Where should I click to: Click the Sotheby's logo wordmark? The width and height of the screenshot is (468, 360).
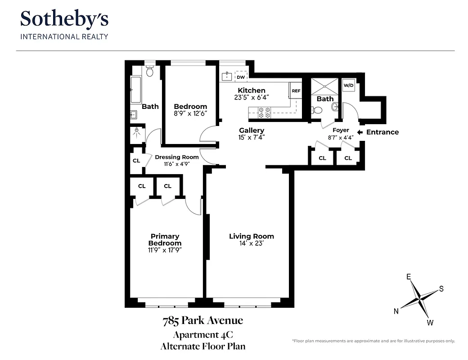64,19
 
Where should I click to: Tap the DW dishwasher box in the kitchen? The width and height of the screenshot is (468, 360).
241,77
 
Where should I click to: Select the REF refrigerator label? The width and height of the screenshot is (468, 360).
296,91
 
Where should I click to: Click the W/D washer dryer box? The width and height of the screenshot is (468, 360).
349,85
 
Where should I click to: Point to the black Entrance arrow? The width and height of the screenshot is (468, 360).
360,132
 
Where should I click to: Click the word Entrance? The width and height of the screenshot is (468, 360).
382,132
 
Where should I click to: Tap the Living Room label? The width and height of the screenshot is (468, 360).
251,236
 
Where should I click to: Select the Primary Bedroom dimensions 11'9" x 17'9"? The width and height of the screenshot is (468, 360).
165,250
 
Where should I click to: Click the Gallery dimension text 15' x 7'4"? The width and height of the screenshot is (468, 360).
251,137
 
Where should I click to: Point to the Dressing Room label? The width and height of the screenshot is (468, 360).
176,157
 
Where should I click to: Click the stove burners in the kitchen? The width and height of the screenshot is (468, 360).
264,112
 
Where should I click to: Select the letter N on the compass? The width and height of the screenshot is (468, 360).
396,311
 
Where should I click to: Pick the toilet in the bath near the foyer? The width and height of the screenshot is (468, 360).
317,109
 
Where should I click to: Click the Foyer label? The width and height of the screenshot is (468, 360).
341,130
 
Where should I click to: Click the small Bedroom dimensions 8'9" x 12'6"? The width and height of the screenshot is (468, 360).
190,113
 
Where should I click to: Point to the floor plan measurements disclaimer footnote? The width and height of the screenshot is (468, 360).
373,341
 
